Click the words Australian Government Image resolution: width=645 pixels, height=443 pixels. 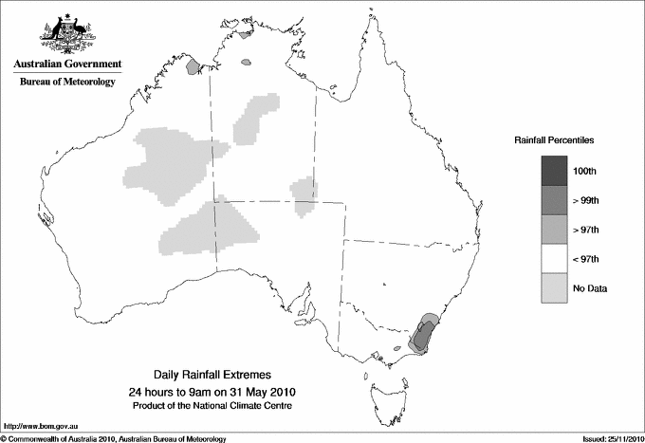(67, 65)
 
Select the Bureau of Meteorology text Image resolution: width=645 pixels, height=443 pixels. (67, 83)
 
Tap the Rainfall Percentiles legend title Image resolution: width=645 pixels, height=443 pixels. (554, 140)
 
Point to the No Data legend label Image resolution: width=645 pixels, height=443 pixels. (589, 288)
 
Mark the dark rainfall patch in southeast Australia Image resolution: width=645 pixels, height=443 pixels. (425, 333)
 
